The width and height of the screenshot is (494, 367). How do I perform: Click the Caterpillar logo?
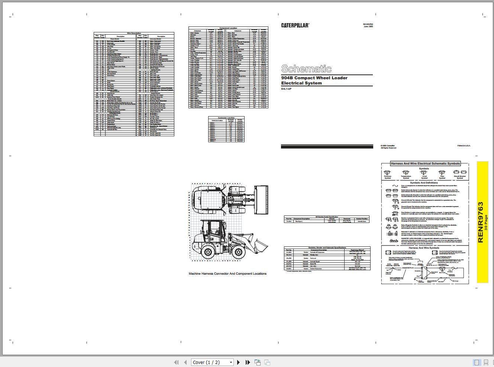[295, 25]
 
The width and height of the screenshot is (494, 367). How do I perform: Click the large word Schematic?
[306, 68]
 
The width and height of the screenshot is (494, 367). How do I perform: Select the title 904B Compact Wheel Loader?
[314, 78]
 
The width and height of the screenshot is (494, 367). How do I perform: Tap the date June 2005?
[368, 26]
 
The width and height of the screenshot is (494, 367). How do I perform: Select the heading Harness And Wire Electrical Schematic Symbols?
[425, 163]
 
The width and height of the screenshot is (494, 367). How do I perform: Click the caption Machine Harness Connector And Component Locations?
[227, 274]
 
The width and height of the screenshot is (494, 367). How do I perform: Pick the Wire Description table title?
[134, 33]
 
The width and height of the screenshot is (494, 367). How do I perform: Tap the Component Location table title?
[228, 28]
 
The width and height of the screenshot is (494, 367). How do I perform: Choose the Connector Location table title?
[226, 118]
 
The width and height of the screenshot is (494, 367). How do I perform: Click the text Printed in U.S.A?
[464, 146]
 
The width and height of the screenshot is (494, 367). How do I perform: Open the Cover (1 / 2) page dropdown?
[213, 362]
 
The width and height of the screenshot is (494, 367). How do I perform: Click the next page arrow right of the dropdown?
[239, 362]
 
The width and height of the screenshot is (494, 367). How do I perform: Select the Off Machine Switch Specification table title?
[327, 217]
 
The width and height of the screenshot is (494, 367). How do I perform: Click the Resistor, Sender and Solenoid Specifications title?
[327, 248]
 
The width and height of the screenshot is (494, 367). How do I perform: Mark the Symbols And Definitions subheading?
[424, 183]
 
